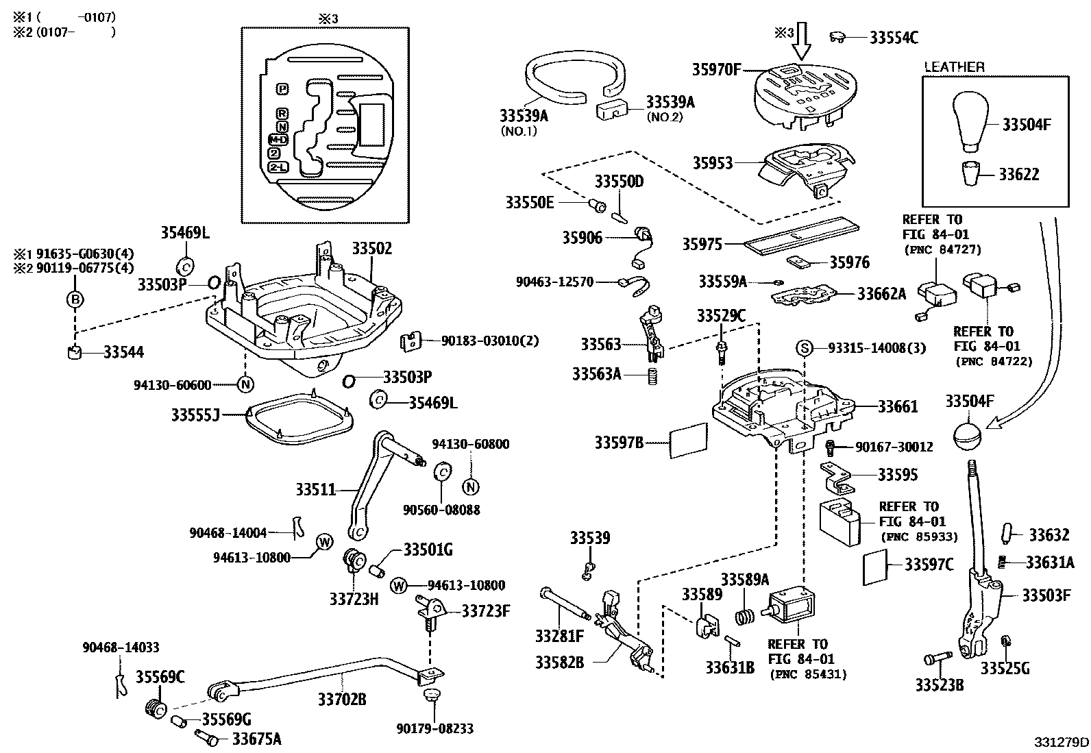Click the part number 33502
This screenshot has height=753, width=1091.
click(372, 249)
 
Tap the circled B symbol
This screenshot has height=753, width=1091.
click(75, 299)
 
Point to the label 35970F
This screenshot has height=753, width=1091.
click(716, 70)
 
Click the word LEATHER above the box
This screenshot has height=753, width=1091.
click(954, 67)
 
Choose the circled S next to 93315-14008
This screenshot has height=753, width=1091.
click(804, 348)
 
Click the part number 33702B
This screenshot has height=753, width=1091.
click(341, 700)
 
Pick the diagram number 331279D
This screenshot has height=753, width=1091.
click(1062, 742)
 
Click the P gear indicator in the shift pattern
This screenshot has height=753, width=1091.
click(282, 89)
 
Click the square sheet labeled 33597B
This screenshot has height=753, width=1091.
click(688, 440)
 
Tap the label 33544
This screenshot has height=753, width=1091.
click(124, 353)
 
